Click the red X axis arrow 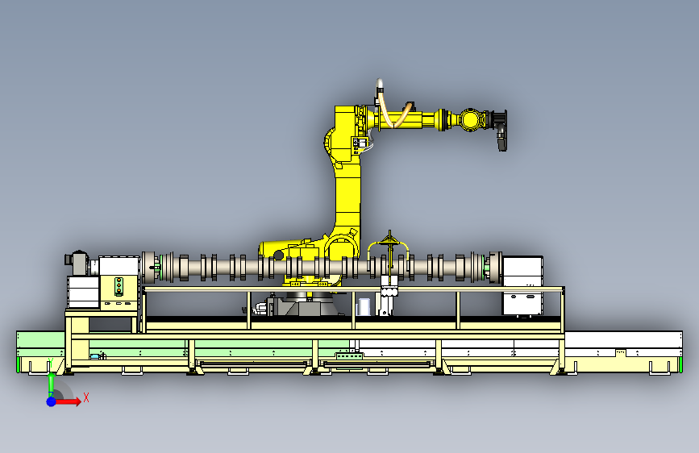click(x=68, y=401)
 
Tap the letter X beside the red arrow click(x=86, y=397)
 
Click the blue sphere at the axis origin click(x=52, y=401)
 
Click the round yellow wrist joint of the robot click(x=469, y=119)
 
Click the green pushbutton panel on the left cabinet click(x=119, y=286)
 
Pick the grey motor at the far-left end click(x=77, y=263)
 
